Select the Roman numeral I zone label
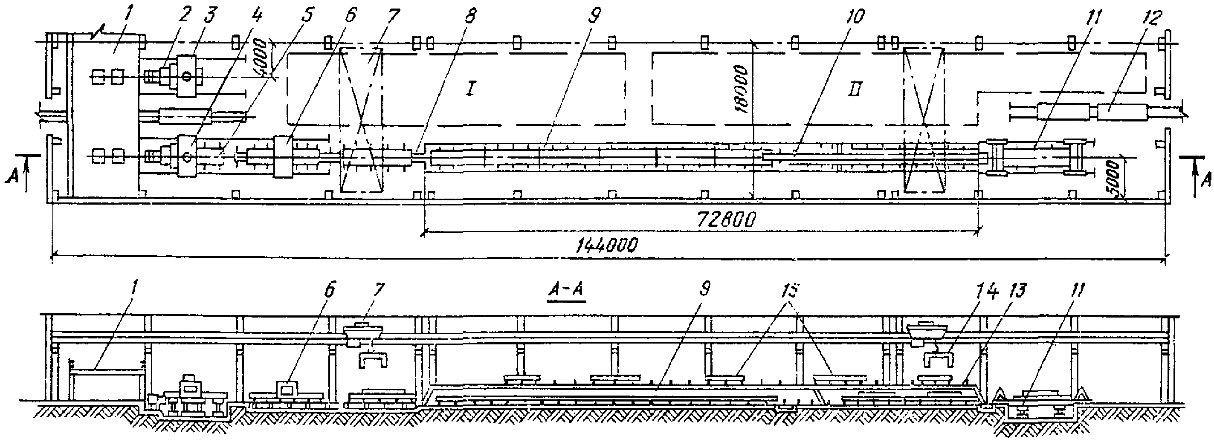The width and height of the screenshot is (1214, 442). coord(470,90)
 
